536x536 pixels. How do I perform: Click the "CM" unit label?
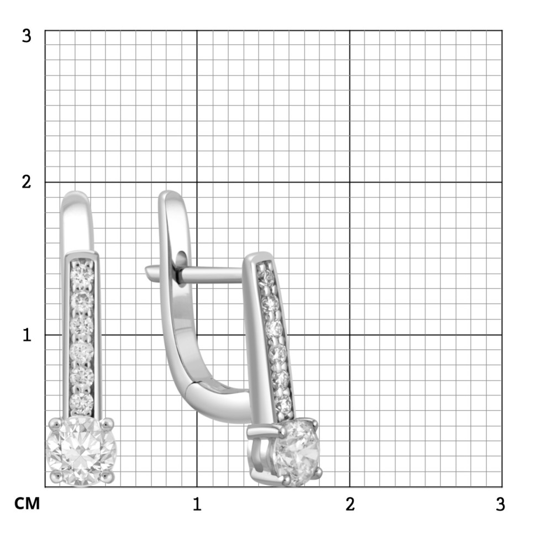pos(27,503)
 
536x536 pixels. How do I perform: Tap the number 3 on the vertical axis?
pos(27,35)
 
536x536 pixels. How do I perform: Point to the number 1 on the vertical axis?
pos(27,335)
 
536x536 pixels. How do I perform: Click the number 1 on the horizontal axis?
pos(197,504)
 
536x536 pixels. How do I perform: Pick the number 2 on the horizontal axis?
pos(350,504)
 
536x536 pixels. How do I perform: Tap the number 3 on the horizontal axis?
pos(500,504)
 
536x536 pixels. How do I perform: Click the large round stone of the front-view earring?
pos(81,450)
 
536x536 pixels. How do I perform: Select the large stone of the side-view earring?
pos(297,452)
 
